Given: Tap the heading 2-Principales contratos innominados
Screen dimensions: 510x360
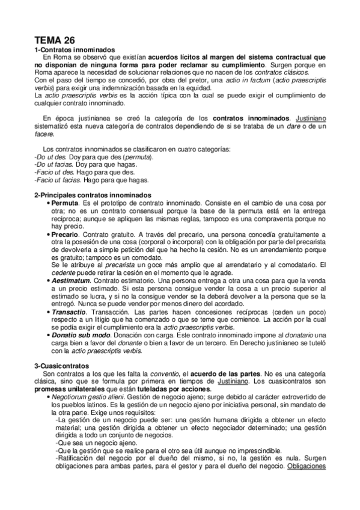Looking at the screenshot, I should point(93,195).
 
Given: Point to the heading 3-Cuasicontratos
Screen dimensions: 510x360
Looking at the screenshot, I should point(62,365).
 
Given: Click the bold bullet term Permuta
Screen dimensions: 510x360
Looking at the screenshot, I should point(66,204).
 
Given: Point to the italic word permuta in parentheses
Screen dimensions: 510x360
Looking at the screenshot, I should point(138,156).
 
